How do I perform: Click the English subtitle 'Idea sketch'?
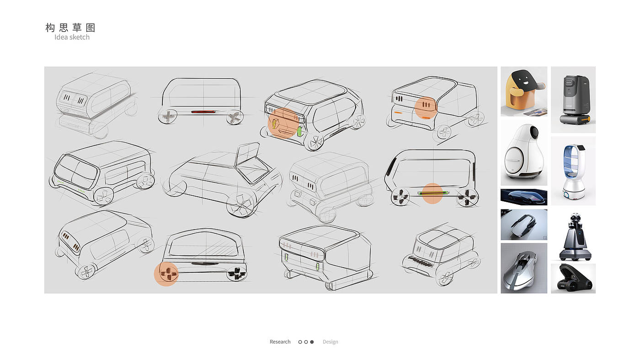[72, 37]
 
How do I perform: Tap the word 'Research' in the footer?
[280, 342]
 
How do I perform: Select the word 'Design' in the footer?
[330, 342]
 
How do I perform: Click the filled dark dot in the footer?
[312, 342]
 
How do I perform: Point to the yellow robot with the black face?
[524, 91]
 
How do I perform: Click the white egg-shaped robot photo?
[524, 153]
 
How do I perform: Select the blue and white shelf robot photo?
[573, 171]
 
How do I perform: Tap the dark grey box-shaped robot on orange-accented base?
[573, 100]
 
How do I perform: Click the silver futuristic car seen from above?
[524, 268]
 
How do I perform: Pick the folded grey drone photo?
[524, 225]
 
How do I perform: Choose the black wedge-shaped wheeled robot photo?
[573, 279]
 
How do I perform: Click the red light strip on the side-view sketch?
[203, 112]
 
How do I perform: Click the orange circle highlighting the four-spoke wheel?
[166, 274]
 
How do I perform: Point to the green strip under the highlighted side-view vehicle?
[433, 193]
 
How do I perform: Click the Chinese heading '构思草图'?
[70, 28]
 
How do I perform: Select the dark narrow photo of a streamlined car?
[524, 197]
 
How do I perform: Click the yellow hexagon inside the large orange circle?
[274, 124]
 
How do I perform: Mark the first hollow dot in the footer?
[300, 342]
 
